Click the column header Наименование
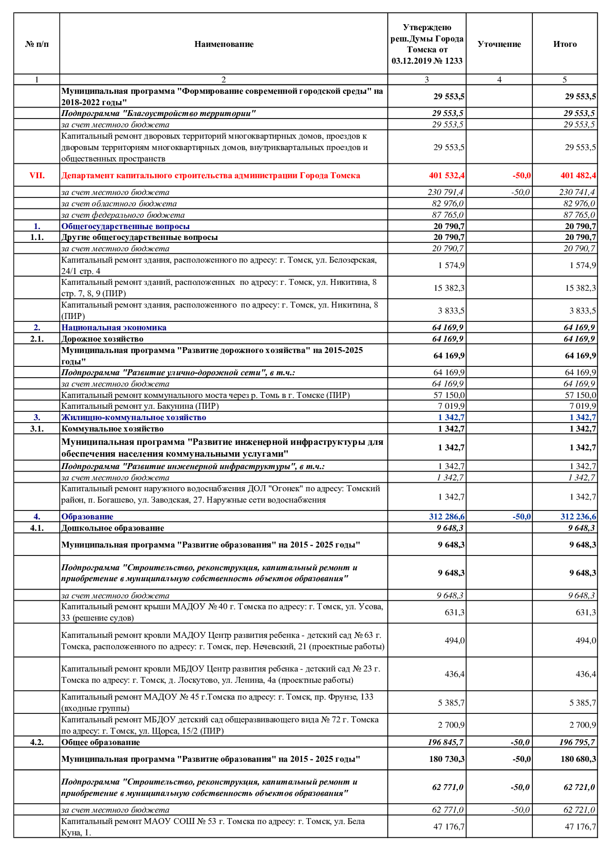tap(223, 44)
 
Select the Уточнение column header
tap(499, 44)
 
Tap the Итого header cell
tap(565, 44)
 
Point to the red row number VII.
tap(37, 175)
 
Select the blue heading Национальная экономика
tap(114, 327)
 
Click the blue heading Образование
tap(87, 516)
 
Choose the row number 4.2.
tap(37, 742)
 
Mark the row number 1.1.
tap(37, 237)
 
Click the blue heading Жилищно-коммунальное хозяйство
tap(133, 417)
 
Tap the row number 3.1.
tap(37, 429)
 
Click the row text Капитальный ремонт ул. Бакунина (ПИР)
tap(140, 406)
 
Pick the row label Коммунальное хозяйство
tap(112, 429)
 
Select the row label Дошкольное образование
tap(113, 528)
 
